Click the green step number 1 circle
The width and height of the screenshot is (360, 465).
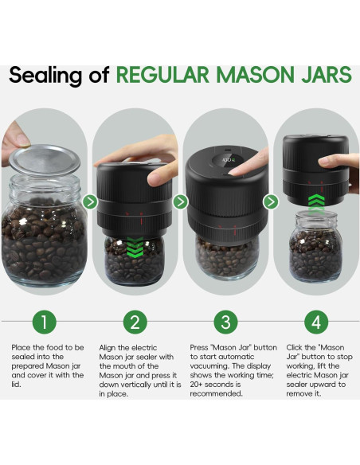pos(44,322)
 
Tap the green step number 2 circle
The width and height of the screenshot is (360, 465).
pos(135,322)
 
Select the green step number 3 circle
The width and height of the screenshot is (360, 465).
pos(225,322)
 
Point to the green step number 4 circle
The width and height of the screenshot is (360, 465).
pos(316,322)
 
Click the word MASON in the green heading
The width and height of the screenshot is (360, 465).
pos(256,75)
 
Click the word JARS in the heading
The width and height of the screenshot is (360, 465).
pos(327,75)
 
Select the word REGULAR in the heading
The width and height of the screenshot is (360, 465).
pos(162,75)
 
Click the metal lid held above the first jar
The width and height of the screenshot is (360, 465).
pos(45,159)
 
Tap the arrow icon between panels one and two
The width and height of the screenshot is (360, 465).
pos(90,202)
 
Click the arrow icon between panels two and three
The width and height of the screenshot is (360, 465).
pos(180,202)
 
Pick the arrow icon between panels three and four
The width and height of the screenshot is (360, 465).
pos(271,202)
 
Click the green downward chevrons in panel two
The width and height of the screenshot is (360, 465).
pos(135,247)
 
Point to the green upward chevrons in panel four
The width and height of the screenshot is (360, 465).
pos(316,204)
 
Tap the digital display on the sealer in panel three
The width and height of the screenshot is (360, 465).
pos(228,162)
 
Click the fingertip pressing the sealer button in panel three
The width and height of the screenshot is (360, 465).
pos(237,171)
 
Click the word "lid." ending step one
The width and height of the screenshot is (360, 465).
pos(16,385)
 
